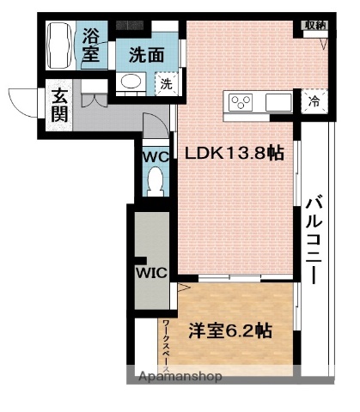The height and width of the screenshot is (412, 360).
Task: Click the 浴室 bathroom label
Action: click(x=91, y=45)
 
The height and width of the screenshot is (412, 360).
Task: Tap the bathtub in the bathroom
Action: click(x=58, y=46)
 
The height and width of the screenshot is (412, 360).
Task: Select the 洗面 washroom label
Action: click(x=146, y=54)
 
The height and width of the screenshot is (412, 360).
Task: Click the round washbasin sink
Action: click(x=131, y=82)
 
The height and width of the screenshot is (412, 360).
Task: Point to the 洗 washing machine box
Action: click(x=164, y=84)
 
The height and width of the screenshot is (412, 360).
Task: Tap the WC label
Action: click(x=156, y=157)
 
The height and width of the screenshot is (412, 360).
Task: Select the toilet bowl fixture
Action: click(x=156, y=181)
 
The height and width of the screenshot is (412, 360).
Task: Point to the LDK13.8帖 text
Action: click(x=235, y=153)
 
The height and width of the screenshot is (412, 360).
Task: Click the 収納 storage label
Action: click(x=314, y=25)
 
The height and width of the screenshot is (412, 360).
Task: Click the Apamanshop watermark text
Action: click(x=176, y=376)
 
